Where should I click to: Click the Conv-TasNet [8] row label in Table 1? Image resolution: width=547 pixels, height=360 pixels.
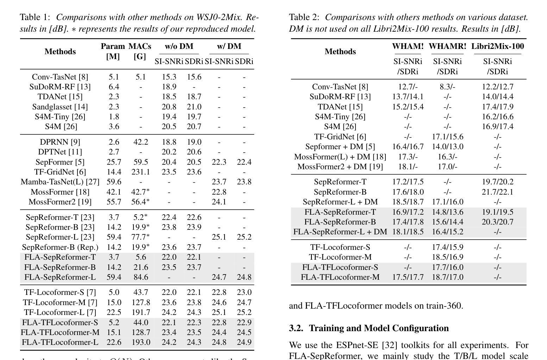(60, 77)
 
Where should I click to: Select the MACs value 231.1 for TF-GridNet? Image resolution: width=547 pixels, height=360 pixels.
(140, 172)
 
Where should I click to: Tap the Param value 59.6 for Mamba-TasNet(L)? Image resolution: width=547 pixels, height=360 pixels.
(114, 182)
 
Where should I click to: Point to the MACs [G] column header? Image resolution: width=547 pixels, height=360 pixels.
(140, 51)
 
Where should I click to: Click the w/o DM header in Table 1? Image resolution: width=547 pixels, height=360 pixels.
(179, 46)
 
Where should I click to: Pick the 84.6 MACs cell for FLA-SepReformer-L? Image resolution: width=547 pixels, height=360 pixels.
(140, 277)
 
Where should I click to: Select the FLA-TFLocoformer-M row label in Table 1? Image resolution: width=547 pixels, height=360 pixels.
(60, 332)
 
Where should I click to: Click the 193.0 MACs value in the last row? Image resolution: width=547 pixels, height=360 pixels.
(140, 342)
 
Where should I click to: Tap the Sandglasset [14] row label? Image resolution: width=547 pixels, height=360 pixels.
(60, 107)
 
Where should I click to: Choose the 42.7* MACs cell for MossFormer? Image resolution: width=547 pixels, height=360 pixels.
(140, 192)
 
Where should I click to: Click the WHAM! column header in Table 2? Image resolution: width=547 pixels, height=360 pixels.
(408, 46)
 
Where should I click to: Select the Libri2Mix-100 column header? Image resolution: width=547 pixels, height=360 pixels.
(497, 46)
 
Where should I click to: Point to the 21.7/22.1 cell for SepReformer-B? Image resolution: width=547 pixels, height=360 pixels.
(497, 192)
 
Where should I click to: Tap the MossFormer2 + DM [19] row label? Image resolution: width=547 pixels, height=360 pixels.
(340, 166)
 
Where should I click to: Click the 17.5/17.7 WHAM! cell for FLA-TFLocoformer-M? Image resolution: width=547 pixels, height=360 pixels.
(408, 277)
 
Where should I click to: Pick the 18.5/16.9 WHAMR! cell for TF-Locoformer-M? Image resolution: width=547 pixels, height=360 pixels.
(447, 257)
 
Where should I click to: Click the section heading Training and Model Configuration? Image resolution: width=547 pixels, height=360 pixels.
(379, 328)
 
